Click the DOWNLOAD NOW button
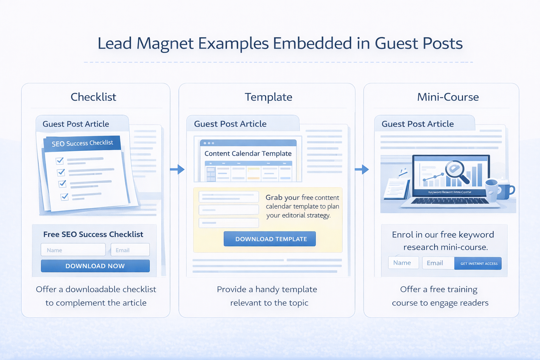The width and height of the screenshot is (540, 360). [x=95, y=266]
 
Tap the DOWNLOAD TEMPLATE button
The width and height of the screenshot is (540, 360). [x=270, y=239]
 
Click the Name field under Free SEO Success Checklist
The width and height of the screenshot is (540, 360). [x=73, y=250]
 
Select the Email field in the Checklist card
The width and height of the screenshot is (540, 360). [x=130, y=250]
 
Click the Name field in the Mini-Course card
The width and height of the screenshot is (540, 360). [x=403, y=263]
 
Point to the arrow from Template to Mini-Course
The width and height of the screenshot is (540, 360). [x=362, y=169]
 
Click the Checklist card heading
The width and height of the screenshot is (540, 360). [x=94, y=97]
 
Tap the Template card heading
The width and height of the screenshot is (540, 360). [x=268, y=97]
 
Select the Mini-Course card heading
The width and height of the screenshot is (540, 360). [x=448, y=97]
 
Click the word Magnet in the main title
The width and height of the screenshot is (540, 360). [x=165, y=44]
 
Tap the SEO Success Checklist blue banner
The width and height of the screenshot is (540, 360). [x=82, y=143]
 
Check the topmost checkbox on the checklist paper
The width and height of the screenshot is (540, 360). [x=60, y=161]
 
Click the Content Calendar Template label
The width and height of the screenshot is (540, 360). [x=248, y=154]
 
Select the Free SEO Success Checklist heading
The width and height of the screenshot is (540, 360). [x=93, y=234]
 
